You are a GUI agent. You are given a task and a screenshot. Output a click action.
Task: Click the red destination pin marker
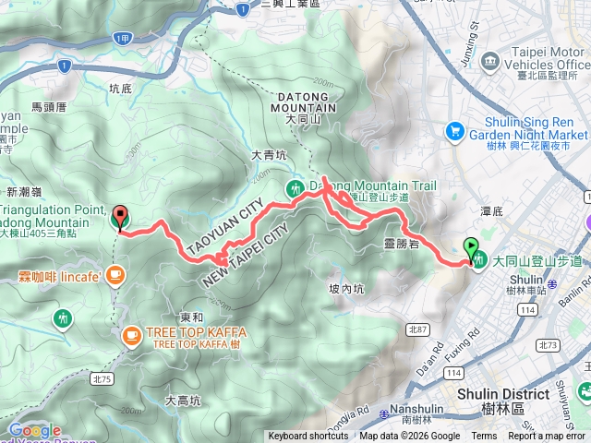[120, 219]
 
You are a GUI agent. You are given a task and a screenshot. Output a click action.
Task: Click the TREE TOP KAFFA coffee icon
[131, 333]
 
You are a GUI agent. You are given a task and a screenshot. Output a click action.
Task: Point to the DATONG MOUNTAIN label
[303, 102]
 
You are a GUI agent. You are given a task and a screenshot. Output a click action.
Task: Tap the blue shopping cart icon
[453, 132]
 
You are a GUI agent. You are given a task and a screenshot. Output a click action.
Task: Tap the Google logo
[34, 430]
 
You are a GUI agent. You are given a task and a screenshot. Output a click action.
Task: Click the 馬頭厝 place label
[48, 107]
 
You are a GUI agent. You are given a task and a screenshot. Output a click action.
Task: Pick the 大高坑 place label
[183, 401]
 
